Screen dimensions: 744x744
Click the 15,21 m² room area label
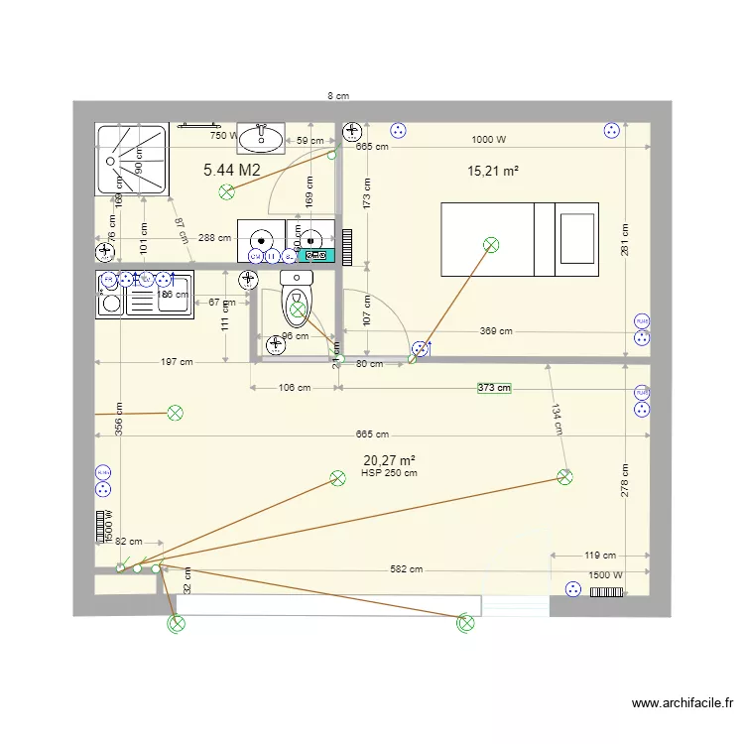point(493,172)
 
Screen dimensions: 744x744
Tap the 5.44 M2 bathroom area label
point(232,170)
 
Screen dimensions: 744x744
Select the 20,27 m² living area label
point(389,460)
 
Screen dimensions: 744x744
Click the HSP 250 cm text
point(390,473)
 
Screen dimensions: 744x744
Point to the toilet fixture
point(297,300)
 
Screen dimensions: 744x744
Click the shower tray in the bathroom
point(131,159)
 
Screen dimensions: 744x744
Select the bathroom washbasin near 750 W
point(261,136)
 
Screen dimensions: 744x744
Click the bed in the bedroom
point(519,240)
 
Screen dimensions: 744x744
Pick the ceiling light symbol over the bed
point(490,245)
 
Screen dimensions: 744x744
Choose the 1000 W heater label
point(488,140)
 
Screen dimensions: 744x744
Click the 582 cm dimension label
point(406,569)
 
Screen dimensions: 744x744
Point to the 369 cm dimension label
point(496,331)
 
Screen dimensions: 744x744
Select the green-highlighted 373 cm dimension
point(493,388)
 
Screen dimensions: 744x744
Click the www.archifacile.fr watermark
point(684,703)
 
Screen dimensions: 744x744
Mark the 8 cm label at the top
point(339,96)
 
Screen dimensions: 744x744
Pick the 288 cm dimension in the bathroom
point(214,238)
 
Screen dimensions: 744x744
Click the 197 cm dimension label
point(176,362)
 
